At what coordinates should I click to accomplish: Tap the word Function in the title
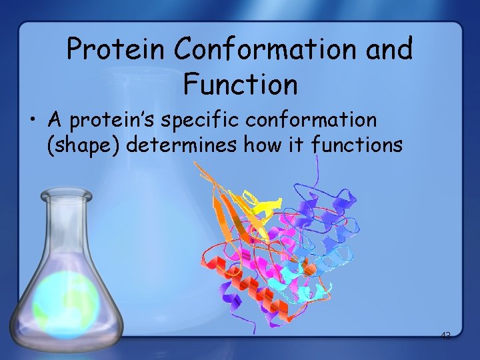click(240, 85)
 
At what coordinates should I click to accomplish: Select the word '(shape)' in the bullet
click(83, 145)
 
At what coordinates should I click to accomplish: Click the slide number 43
click(445, 336)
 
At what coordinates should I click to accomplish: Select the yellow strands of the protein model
click(257, 203)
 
